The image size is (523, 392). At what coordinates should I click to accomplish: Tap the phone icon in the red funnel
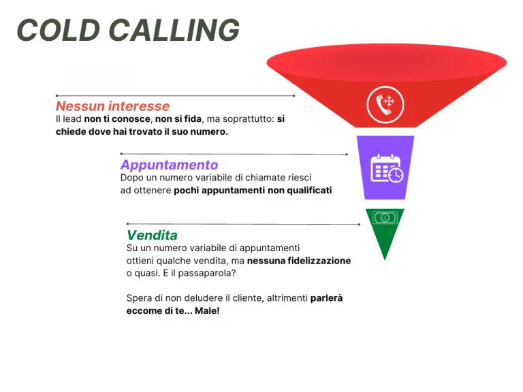pyautogui.click(x=385, y=104)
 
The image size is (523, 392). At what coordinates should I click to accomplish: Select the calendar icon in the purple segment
pyautogui.click(x=385, y=168)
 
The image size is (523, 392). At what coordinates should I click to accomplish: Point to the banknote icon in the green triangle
pyautogui.click(x=385, y=218)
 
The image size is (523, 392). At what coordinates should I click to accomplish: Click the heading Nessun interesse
pyautogui.click(x=112, y=106)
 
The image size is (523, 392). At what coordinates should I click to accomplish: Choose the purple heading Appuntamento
pyautogui.click(x=169, y=165)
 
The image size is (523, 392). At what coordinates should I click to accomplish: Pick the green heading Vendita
pyautogui.click(x=152, y=235)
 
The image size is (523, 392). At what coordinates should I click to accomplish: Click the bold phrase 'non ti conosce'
pyautogui.click(x=118, y=119)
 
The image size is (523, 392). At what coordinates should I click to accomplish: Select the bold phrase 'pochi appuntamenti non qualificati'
pyautogui.click(x=253, y=191)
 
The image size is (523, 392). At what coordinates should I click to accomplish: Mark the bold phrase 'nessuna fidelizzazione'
pyautogui.click(x=299, y=261)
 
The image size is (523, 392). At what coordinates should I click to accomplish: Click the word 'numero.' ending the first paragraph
pyautogui.click(x=208, y=131)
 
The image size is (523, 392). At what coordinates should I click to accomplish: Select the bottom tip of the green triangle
pyautogui.click(x=385, y=259)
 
